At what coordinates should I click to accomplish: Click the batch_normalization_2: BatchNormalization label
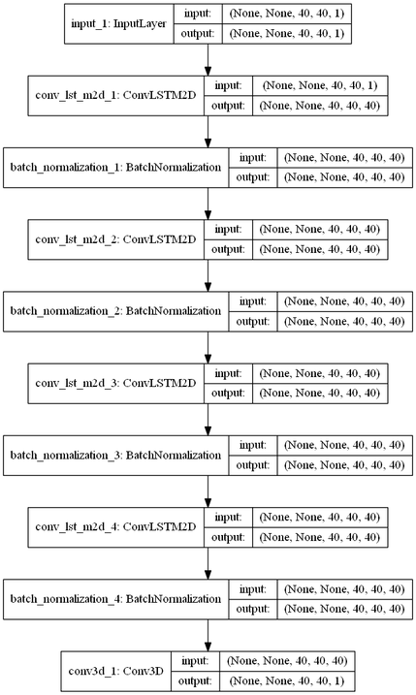(x=115, y=310)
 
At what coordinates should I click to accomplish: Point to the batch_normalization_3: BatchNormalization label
(x=115, y=454)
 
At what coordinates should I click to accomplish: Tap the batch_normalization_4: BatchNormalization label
(x=115, y=599)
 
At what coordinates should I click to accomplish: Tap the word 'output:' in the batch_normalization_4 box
(x=250, y=609)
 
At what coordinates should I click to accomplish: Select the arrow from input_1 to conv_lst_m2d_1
(x=208, y=60)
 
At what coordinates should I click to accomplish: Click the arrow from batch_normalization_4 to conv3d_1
(x=208, y=636)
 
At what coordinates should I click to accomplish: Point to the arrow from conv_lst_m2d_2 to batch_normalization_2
(x=208, y=274)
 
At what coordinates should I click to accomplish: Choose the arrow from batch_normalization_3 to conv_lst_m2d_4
(x=208, y=490)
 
